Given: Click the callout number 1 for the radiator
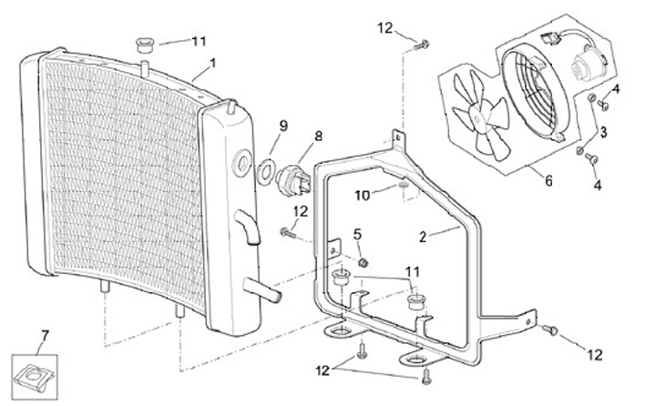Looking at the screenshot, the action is click(x=213, y=64).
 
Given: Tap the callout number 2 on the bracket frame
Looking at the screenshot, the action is click(x=423, y=237).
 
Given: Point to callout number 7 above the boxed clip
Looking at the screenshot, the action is click(x=45, y=335).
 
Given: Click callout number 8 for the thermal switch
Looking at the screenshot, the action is click(x=318, y=136).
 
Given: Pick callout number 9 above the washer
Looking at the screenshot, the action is click(x=283, y=126).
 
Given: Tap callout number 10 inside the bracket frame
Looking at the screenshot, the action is click(x=363, y=196).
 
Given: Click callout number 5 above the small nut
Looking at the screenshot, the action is click(x=357, y=235).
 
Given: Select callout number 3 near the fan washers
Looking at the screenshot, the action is click(x=603, y=132).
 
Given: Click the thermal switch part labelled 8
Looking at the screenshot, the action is click(x=292, y=181).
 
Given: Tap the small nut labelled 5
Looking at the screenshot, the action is click(x=364, y=262).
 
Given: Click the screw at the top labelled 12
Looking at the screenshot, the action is click(x=421, y=45).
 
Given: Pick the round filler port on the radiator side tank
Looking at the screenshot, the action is click(x=241, y=164).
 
